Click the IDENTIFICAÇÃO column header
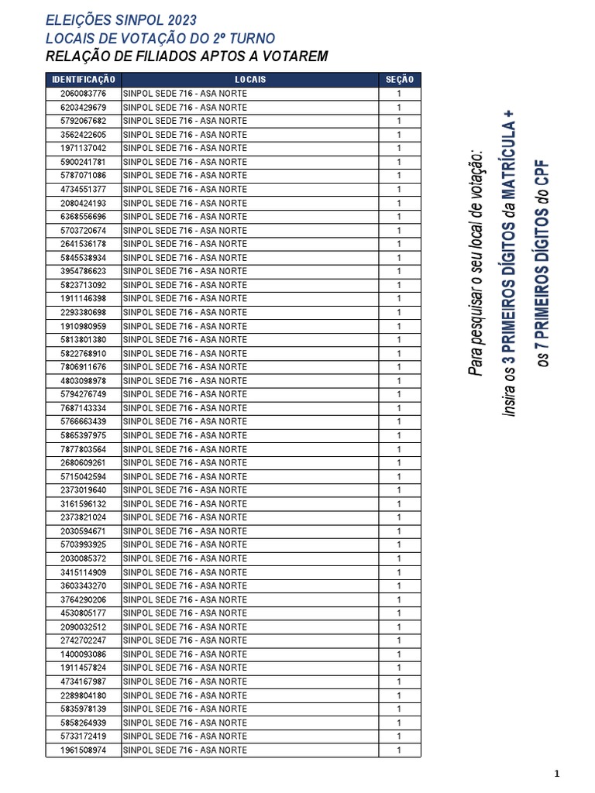click(x=83, y=80)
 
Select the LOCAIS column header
click(x=249, y=80)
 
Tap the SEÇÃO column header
click(x=399, y=80)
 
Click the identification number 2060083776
click(x=83, y=94)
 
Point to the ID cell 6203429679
click(x=83, y=107)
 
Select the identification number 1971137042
click(x=83, y=148)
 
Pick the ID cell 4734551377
click(x=83, y=189)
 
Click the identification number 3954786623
click(x=83, y=271)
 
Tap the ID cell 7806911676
click(x=83, y=367)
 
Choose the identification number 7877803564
click(x=83, y=449)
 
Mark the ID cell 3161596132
click(x=83, y=504)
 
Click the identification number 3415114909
click(x=83, y=572)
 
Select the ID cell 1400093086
click(x=83, y=654)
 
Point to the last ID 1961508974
click(x=83, y=750)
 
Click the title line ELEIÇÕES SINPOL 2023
click(x=121, y=20)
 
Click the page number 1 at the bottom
click(x=557, y=774)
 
